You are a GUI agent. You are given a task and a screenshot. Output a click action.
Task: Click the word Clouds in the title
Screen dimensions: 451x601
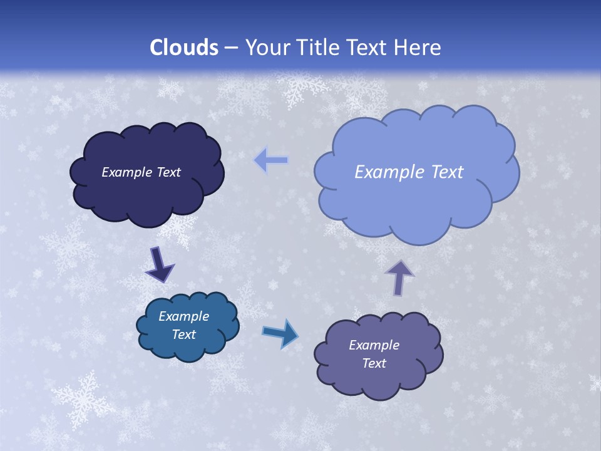(184, 48)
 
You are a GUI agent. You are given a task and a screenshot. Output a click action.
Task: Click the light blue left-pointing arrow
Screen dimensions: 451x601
(271, 160)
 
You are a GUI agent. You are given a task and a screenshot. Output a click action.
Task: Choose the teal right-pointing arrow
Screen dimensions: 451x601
(280, 333)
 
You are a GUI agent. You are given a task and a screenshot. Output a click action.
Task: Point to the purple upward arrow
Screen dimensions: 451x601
(399, 277)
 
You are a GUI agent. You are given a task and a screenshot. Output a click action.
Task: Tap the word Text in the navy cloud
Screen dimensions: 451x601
(168, 172)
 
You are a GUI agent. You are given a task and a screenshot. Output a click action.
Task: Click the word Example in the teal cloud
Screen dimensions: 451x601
(184, 316)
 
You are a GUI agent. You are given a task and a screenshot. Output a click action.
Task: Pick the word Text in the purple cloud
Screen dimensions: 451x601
(374, 363)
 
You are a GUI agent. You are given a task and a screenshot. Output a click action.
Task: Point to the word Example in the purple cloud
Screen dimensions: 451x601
(374, 345)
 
